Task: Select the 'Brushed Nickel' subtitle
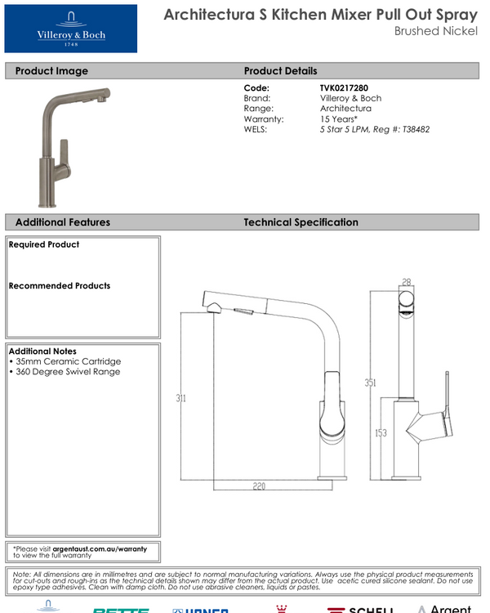435,31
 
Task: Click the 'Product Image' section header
51,71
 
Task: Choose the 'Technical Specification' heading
301,222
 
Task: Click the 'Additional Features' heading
62,222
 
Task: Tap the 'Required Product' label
44,244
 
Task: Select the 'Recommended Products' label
60,286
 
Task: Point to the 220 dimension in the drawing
260,486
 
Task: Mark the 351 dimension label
370,383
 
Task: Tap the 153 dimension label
381,433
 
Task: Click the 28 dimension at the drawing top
406,282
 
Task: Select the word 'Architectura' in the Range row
345,108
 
